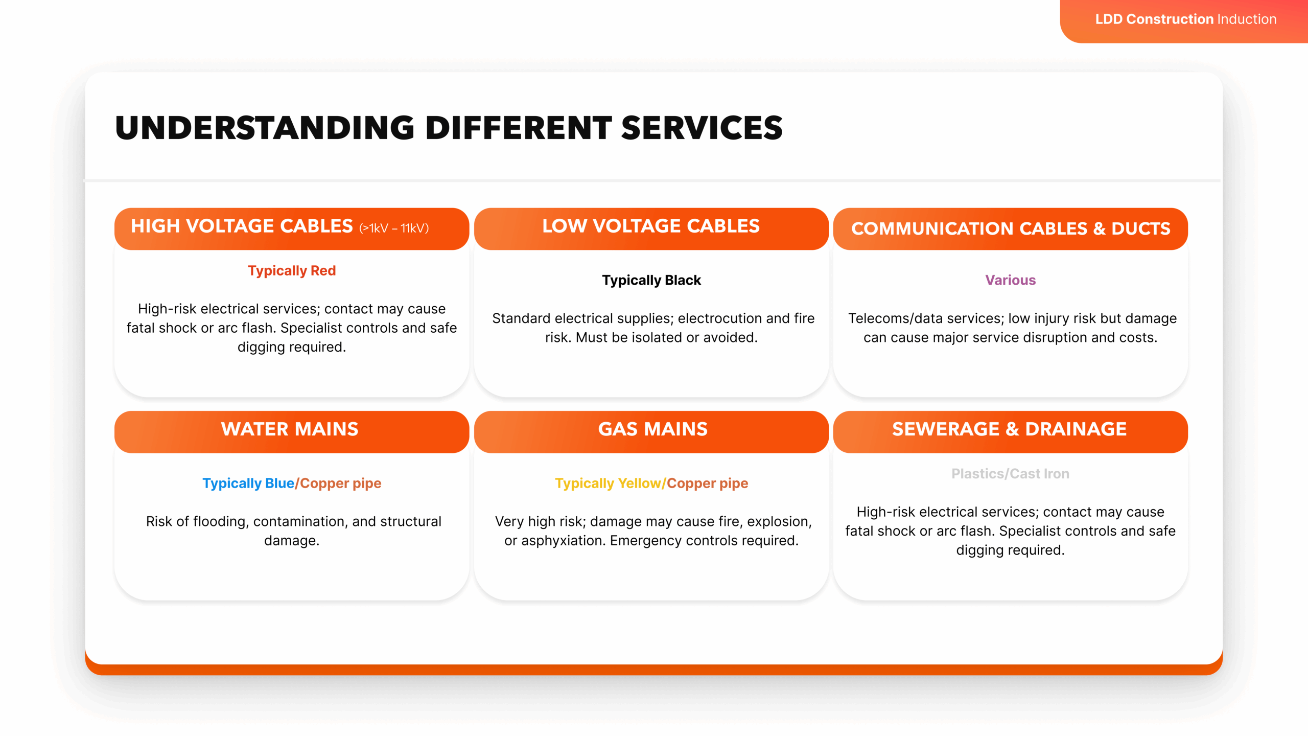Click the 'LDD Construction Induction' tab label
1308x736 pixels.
[x=1185, y=19]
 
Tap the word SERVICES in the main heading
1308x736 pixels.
[x=702, y=128]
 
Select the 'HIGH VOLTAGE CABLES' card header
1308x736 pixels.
[x=242, y=226]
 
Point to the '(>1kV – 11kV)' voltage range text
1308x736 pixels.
[x=394, y=228]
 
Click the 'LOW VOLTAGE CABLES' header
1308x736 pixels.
[x=651, y=226]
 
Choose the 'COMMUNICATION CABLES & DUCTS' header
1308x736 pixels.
[x=1010, y=228]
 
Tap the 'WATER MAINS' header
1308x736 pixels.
[x=290, y=429]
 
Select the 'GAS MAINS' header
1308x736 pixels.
[x=652, y=429]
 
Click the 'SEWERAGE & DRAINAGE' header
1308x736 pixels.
[x=1009, y=429]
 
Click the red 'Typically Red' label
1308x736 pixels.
[x=292, y=271]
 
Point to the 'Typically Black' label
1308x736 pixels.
[x=651, y=281]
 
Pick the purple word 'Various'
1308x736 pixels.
[x=1010, y=281]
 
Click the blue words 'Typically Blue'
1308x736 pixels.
[x=248, y=484]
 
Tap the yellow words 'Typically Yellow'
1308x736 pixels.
[x=608, y=484]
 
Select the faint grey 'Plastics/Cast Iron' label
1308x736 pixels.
[x=1010, y=474]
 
